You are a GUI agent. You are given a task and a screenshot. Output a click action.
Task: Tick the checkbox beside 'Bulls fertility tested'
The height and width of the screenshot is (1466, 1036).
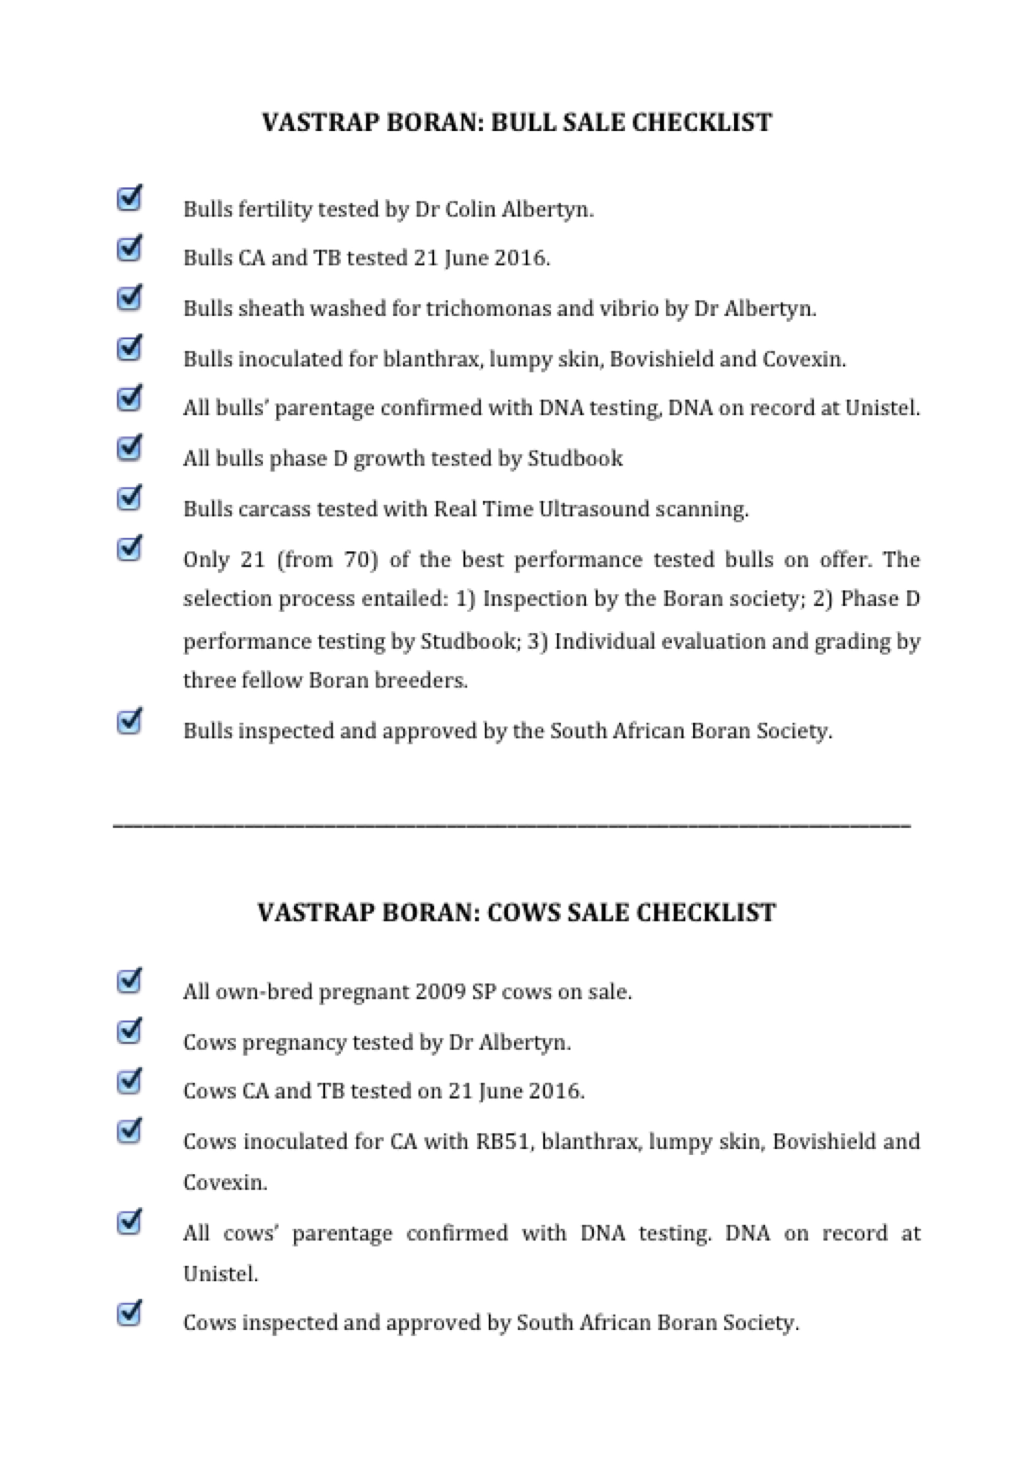[130, 198]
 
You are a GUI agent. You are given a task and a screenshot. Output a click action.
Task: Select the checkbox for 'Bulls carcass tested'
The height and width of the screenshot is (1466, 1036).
[130, 498]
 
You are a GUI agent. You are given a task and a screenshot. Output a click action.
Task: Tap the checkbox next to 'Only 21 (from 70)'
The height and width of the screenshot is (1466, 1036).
[130, 548]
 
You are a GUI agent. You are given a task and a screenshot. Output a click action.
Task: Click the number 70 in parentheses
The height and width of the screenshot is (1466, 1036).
[357, 560]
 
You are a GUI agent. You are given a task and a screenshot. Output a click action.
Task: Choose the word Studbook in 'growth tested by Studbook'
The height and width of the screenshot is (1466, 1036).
[575, 458]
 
